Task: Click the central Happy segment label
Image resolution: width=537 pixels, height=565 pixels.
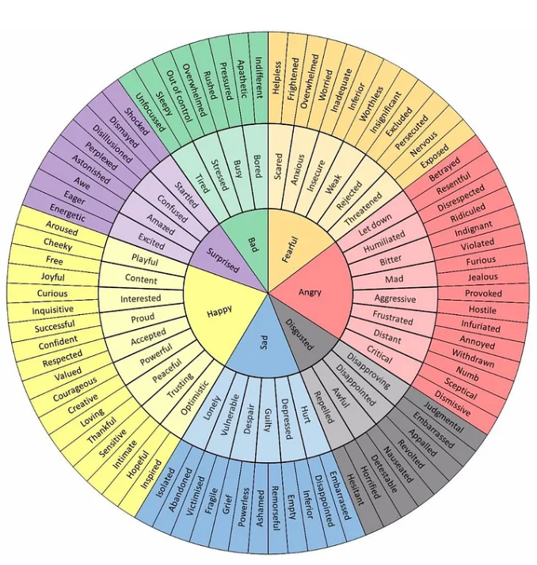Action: [x=219, y=310]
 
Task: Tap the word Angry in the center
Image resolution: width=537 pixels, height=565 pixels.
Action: [x=310, y=292]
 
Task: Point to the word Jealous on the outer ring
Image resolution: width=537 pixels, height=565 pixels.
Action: [x=483, y=277]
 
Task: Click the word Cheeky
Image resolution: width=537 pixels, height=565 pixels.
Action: [x=58, y=245]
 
